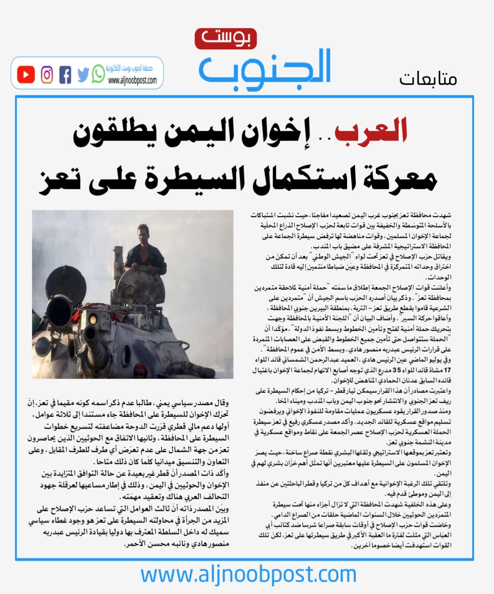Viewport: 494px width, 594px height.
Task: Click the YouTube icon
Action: coord(26,75)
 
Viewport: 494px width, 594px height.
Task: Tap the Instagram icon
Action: coord(47,75)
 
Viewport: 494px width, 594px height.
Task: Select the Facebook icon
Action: coord(65,75)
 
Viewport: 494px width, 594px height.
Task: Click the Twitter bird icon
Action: coord(83,75)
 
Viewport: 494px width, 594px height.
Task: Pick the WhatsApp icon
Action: coord(98,74)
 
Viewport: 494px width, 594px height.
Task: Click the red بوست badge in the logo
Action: coord(225,39)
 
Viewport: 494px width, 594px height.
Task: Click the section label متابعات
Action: coord(428,79)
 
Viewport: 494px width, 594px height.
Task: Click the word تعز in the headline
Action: coord(58,179)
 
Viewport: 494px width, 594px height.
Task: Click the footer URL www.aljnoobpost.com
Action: coord(248,575)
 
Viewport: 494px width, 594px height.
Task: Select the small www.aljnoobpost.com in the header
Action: coord(132,81)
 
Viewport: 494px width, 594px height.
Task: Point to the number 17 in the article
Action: coord(447,370)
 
